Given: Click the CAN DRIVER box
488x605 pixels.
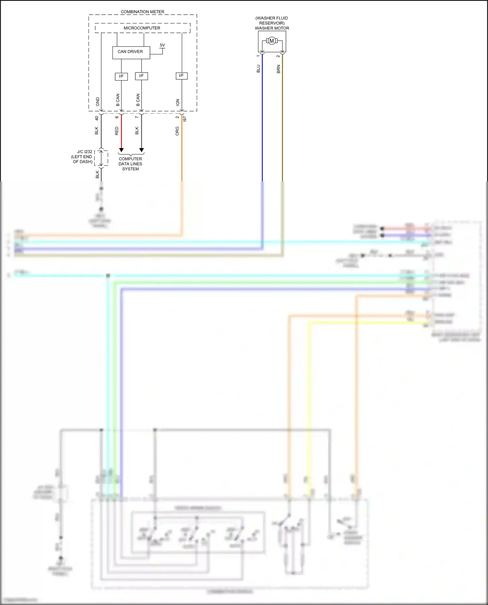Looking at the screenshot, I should coord(131,52).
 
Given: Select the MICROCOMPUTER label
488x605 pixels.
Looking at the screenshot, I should coord(142,28).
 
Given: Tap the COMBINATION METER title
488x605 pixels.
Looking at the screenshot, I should coord(142,12).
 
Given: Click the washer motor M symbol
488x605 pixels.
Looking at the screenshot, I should coord(272,41).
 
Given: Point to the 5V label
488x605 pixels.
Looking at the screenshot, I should coord(162,45).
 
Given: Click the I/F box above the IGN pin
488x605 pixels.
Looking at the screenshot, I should coord(181,76).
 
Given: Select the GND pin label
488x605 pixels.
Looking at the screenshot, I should coord(98,102).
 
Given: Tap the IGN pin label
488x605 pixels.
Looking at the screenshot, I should coord(178,103).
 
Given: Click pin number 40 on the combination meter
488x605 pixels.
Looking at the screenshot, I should coord(97,118).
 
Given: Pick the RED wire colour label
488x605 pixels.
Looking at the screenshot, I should coord(117,131).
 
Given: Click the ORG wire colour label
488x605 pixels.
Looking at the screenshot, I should coord(177,131).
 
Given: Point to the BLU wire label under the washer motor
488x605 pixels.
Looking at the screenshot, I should coord(258,69).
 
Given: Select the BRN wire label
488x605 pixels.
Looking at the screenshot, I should coord(278,69).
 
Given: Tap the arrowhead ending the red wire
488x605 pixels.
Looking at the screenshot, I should coord(121,150).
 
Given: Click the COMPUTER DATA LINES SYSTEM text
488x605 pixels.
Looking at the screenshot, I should coord(130,164).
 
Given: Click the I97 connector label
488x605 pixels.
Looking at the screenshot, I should coord(185,119).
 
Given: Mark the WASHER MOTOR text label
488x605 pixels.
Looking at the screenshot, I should coord(272,28).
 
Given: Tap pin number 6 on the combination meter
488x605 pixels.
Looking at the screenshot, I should coord(117,117).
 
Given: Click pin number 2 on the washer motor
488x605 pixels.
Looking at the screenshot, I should coord(278,56).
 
